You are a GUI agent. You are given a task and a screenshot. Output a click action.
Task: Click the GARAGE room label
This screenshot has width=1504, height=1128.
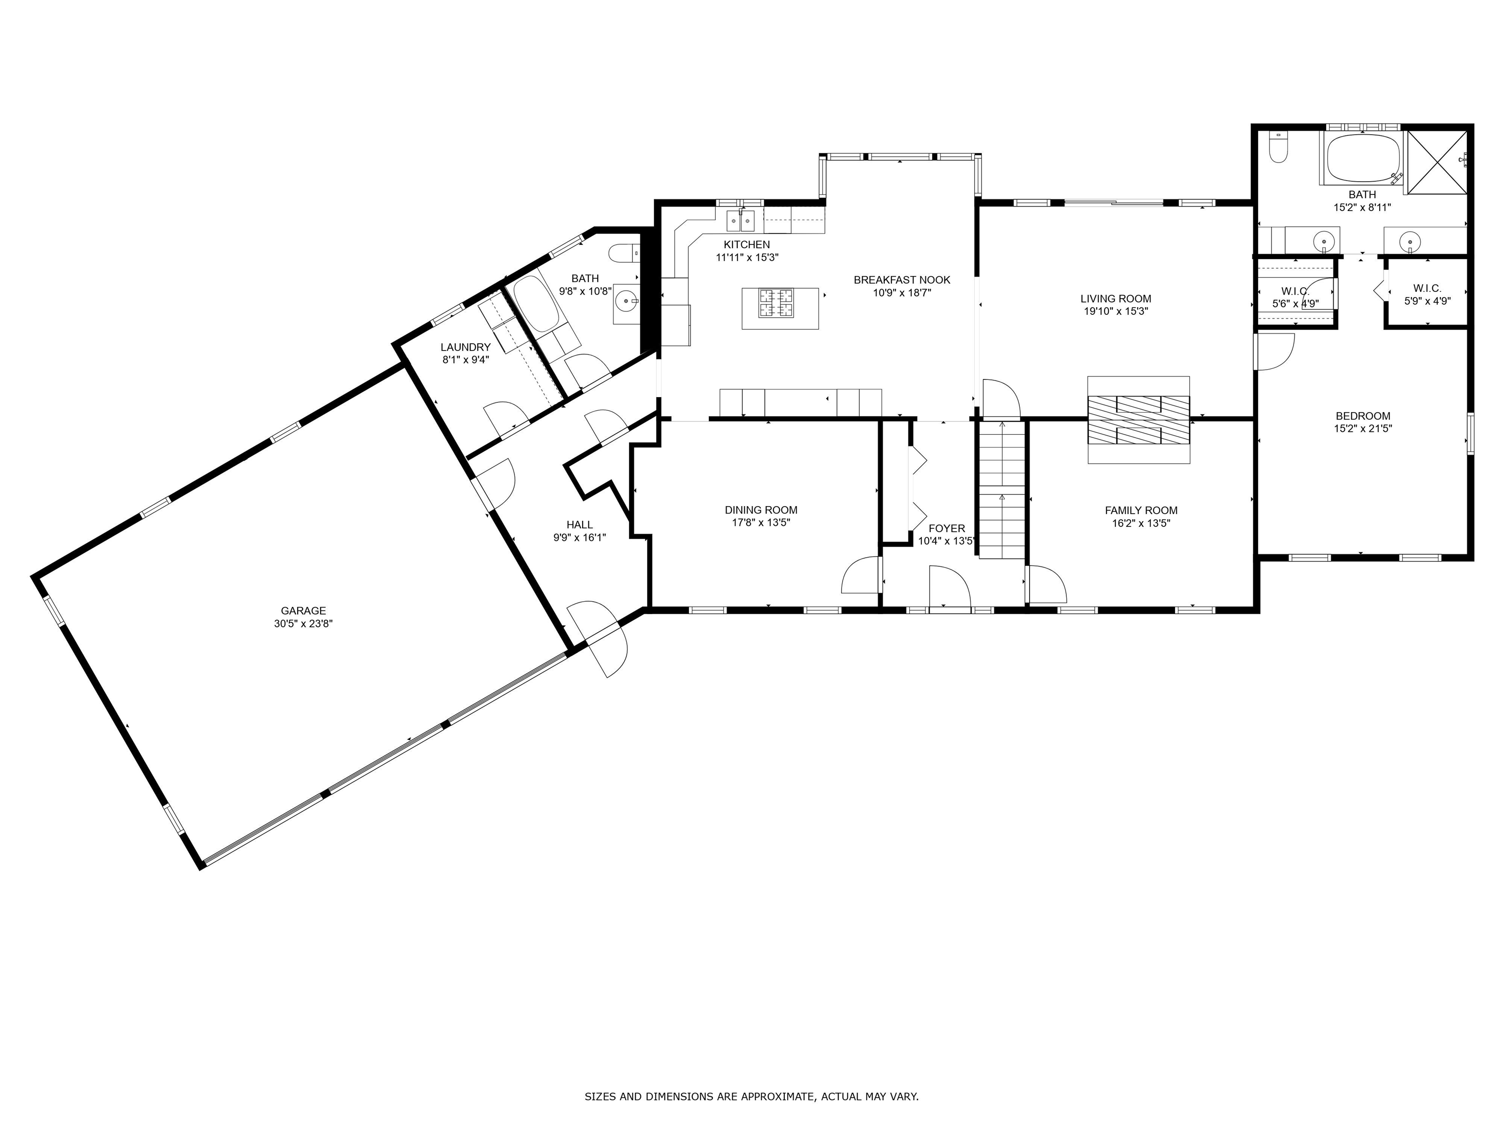[303, 611]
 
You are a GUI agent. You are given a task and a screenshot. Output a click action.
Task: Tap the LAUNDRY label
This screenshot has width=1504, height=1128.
[466, 347]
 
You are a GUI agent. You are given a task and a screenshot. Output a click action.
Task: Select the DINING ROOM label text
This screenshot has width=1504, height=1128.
[761, 510]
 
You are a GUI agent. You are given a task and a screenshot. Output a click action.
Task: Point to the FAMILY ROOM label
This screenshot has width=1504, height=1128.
[1141, 511]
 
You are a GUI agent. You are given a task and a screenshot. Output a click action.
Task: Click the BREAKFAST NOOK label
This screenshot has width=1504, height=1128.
[902, 280]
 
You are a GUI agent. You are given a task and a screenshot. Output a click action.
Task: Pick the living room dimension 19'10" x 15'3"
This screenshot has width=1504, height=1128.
[1116, 311]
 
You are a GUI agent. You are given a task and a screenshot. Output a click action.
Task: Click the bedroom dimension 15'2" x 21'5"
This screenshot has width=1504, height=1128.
[1363, 428]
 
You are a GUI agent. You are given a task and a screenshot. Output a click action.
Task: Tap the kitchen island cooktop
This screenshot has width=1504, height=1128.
[776, 303]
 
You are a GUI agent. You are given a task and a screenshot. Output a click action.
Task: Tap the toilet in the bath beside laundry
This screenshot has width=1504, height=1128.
[624, 254]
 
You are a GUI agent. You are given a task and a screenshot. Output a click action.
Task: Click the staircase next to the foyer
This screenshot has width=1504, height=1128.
[1002, 490]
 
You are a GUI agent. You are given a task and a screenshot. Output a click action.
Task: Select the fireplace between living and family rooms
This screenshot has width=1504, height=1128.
[1139, 420]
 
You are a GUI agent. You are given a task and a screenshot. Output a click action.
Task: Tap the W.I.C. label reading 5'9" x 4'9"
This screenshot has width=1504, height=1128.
[1427, 294]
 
